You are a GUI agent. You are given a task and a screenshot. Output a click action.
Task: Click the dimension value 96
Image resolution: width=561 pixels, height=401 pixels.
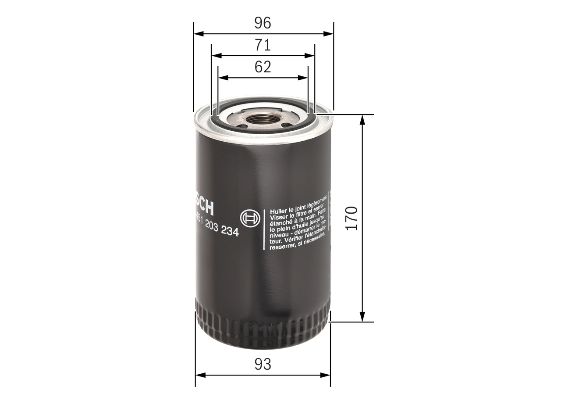click(263, 23)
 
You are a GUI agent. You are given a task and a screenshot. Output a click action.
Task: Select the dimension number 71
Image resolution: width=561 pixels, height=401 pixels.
click(263, 45)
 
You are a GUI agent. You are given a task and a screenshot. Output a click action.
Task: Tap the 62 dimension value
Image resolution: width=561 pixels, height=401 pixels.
click(263, 67)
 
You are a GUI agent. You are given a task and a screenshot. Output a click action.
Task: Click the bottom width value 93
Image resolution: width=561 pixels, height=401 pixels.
click(263, 364)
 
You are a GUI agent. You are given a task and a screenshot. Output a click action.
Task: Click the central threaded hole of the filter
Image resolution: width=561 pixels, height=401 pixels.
click(262, 119)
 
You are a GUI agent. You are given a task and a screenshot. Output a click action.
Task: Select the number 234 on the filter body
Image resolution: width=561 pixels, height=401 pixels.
click(230, 232)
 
